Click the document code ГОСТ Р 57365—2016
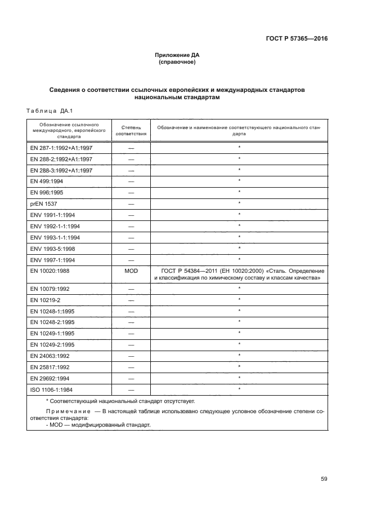click(x=297, y=39)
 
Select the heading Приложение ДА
click(x=177, y=55)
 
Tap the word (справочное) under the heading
click(x=177, y=62)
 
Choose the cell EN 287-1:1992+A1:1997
click(x=61, y=148)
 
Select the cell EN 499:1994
click(x=47, y=181)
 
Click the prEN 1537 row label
click(x=43, y=203)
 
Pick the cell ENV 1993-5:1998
click(x=54, y=248)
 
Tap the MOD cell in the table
click(x=131, y=271)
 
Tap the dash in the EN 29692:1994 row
click(x=131, y=378)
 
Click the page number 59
click(x=324, y=479)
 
